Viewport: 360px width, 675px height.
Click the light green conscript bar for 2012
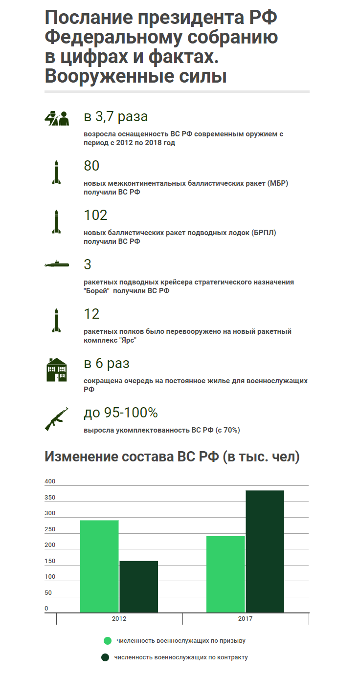(99, 566)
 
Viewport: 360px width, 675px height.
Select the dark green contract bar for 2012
(139, 587)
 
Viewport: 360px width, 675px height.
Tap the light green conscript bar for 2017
(225, 574)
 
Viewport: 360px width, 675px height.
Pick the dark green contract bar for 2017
(265, 551)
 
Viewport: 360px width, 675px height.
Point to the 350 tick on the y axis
(50, 498)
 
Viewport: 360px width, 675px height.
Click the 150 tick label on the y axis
(50, 561)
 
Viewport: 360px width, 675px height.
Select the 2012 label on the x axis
(119, 618)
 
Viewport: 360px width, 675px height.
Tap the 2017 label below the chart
(246, 618)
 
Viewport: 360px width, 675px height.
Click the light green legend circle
(108, 640)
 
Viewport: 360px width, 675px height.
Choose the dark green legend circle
(105, 657)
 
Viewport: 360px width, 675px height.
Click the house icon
(56, 370)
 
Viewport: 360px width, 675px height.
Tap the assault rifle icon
(56, 418)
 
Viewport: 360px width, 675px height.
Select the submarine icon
(56, 264)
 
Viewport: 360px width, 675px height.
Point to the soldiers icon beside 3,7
(56, 118)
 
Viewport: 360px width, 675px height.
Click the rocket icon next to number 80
(56, 172)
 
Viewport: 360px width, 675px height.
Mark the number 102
(95, 215)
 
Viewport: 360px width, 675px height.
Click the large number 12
(91, 313)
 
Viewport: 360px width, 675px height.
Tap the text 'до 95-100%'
(121, 413)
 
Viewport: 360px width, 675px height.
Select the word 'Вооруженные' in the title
(110, 76)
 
